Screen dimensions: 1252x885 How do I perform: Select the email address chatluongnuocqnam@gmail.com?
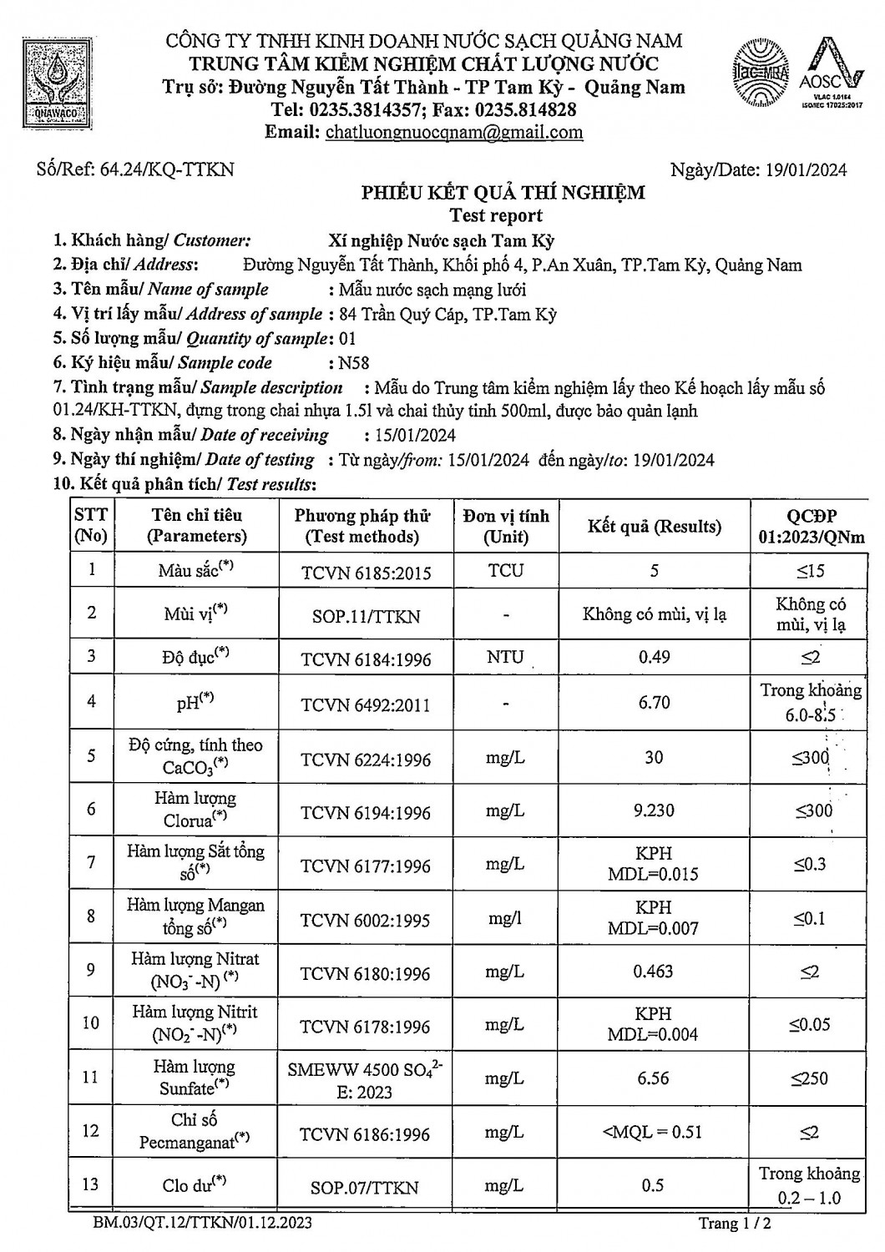pyautogui.click(x=454, y=132)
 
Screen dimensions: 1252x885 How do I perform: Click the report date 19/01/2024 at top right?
pyautogui.click(x=806, y=170)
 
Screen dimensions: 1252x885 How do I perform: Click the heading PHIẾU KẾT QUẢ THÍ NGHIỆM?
pyautogui.click(x=503, y=193)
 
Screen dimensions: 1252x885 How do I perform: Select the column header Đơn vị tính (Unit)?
pyautogui.click(x=506, y=526)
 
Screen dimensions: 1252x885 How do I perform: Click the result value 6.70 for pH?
pyautogui.click(x=654, y=702)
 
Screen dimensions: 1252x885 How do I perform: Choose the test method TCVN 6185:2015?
pyautogui.click(x=366, y=572)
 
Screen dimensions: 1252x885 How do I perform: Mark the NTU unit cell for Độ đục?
pyautogui.click(x=505, y=657)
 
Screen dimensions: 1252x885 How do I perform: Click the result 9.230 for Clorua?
pyautogui.click(x=654, y=810)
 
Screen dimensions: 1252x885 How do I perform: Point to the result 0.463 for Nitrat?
pyautogui.click(x=653, y=971)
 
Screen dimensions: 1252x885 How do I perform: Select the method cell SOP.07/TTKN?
pyautogui.click(x=365, y=1187)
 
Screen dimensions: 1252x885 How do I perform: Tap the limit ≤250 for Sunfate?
pyautogui.click(x=810, y=1078)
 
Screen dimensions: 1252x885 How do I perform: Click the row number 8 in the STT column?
pyautogui.click(x=91, y=916)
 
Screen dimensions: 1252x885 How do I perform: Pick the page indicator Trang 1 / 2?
pyautogui.click(x=735, y=1224)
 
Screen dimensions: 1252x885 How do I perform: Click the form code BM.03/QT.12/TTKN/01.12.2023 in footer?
pyautogui.click(x=203, y=1223)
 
